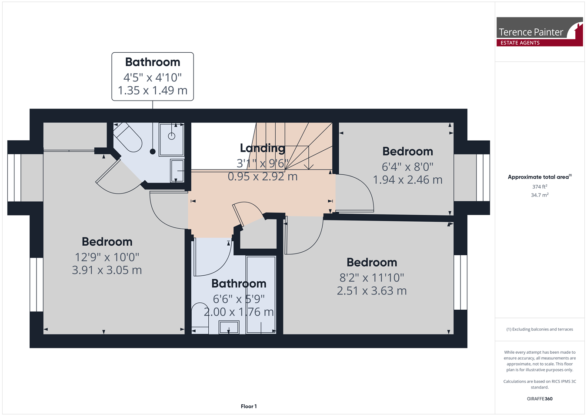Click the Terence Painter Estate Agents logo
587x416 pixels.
coord(540,32)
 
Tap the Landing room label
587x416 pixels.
coord(263,148)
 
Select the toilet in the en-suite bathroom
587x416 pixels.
coord(128,137)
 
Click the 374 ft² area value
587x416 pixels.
coord(540,186)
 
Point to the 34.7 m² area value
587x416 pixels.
coord(540,195)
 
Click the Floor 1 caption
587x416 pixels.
coord(249,406)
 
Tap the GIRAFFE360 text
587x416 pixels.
coord(540,399)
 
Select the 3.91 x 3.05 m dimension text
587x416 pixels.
coord(107,270)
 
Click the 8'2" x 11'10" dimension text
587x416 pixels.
coord(372,277)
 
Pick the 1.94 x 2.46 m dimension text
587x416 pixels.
coord(407,180)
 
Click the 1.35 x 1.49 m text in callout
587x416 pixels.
coord(153,90)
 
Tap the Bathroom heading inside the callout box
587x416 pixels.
coord(153,62)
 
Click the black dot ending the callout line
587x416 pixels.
coord(153,152)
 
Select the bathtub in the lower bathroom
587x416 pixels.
coord(261,295)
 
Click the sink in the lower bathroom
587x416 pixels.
coord(229,328)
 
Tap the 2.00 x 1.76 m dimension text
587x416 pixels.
coord(239,312)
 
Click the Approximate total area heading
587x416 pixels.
coord(540,177)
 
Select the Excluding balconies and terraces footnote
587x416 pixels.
coord(540,329)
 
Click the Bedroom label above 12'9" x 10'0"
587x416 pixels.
coord(107,242)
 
